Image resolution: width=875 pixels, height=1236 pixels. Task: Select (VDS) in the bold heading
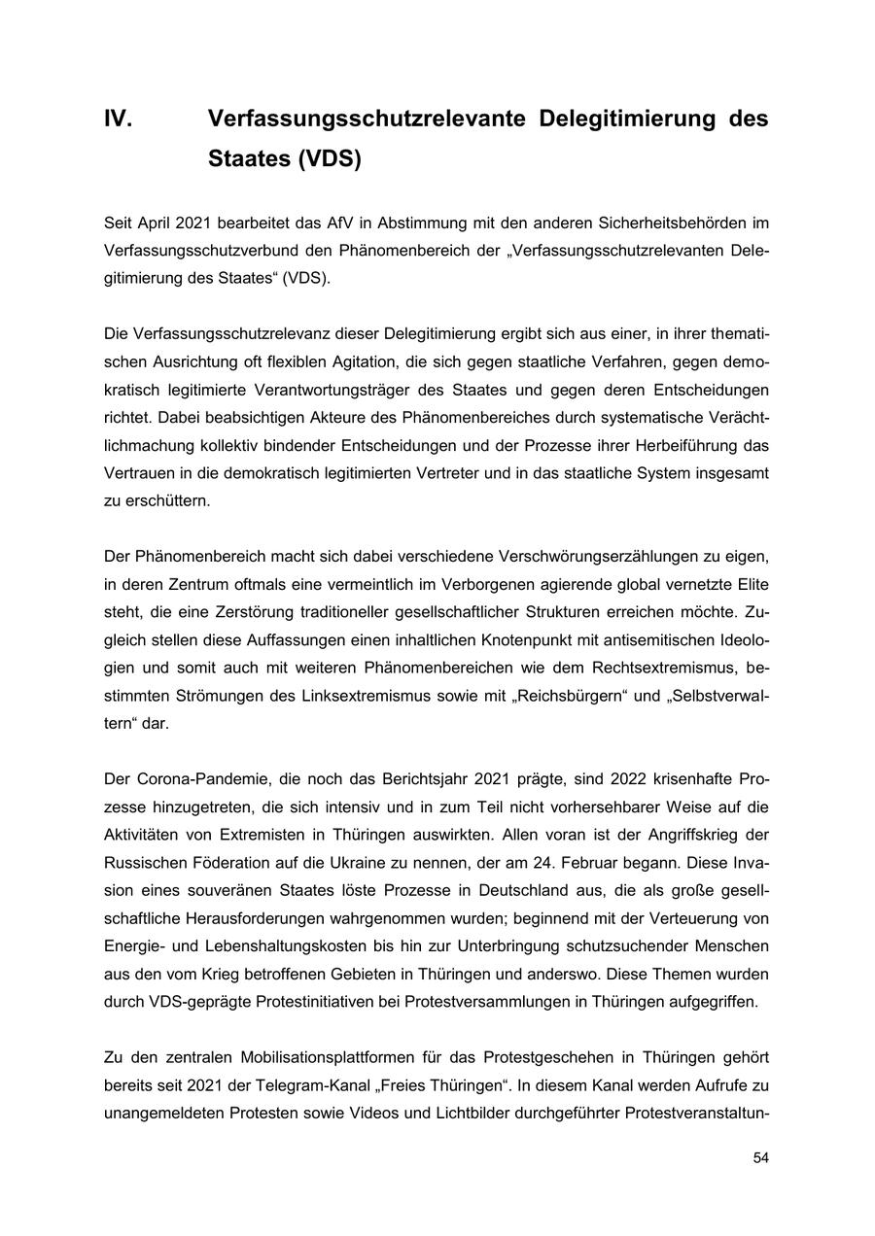pyautogui.click(x=330, y=159)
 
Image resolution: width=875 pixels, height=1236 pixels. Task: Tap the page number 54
pyautogui.click(x=760, y=1158)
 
